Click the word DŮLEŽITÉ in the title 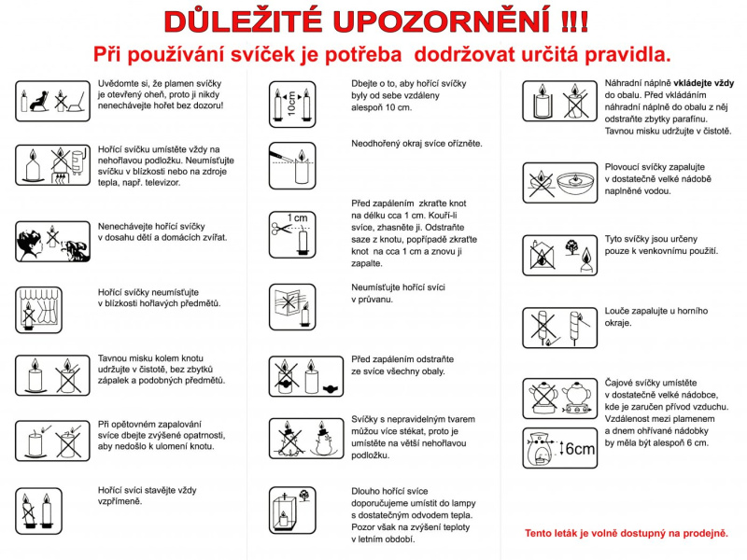click(x=240, y=20)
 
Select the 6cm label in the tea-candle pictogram click(x=578, y=449)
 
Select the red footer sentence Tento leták click(x=626, y=533)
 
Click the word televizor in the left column click(x=159, y=182)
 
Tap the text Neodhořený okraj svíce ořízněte click(x=416, y=143)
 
